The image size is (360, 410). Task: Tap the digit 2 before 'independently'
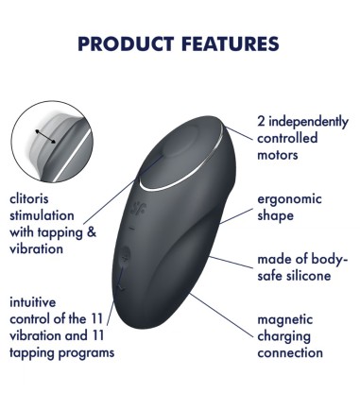coord(262,121)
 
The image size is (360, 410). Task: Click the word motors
coord(278,154)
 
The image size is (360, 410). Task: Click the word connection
coord(290,352)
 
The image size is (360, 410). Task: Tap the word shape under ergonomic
coord(276,215)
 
